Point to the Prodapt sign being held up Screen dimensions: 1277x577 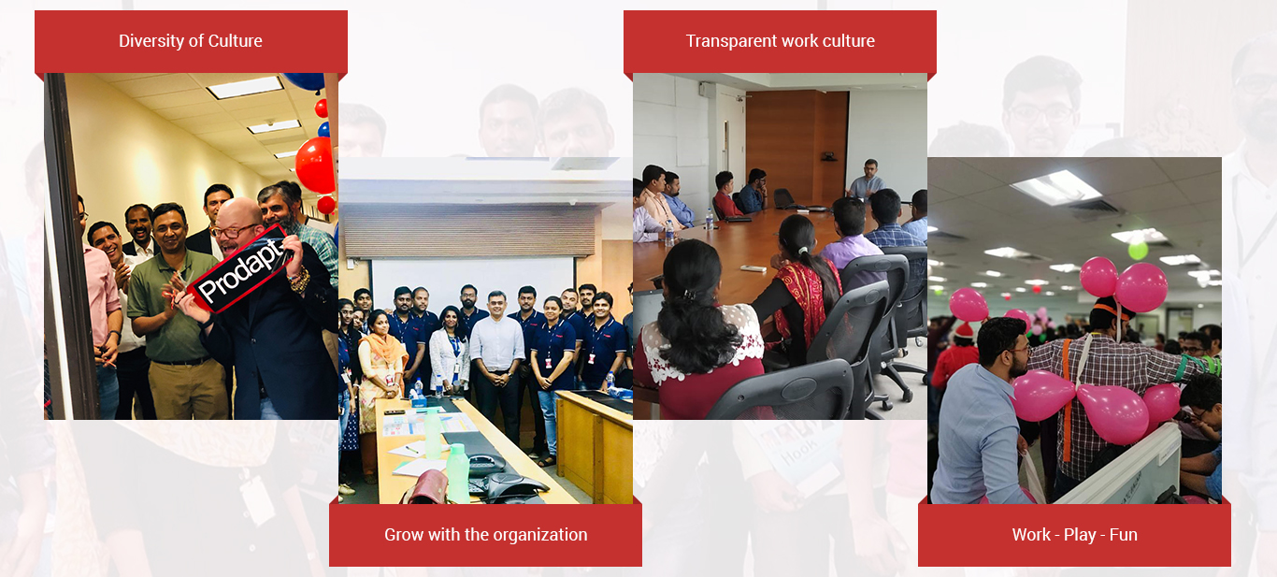(x=240, y=270)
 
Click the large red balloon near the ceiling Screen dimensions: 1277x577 (x=315, y=165)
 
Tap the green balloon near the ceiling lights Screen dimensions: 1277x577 (x=1138, y=250)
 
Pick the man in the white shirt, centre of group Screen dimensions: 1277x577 (x=496, y=365)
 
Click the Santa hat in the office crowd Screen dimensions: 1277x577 (x=964, y=329)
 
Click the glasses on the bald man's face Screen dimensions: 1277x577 (x=231, y=231)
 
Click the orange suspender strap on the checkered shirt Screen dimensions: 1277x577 (x=1067, y=399)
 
